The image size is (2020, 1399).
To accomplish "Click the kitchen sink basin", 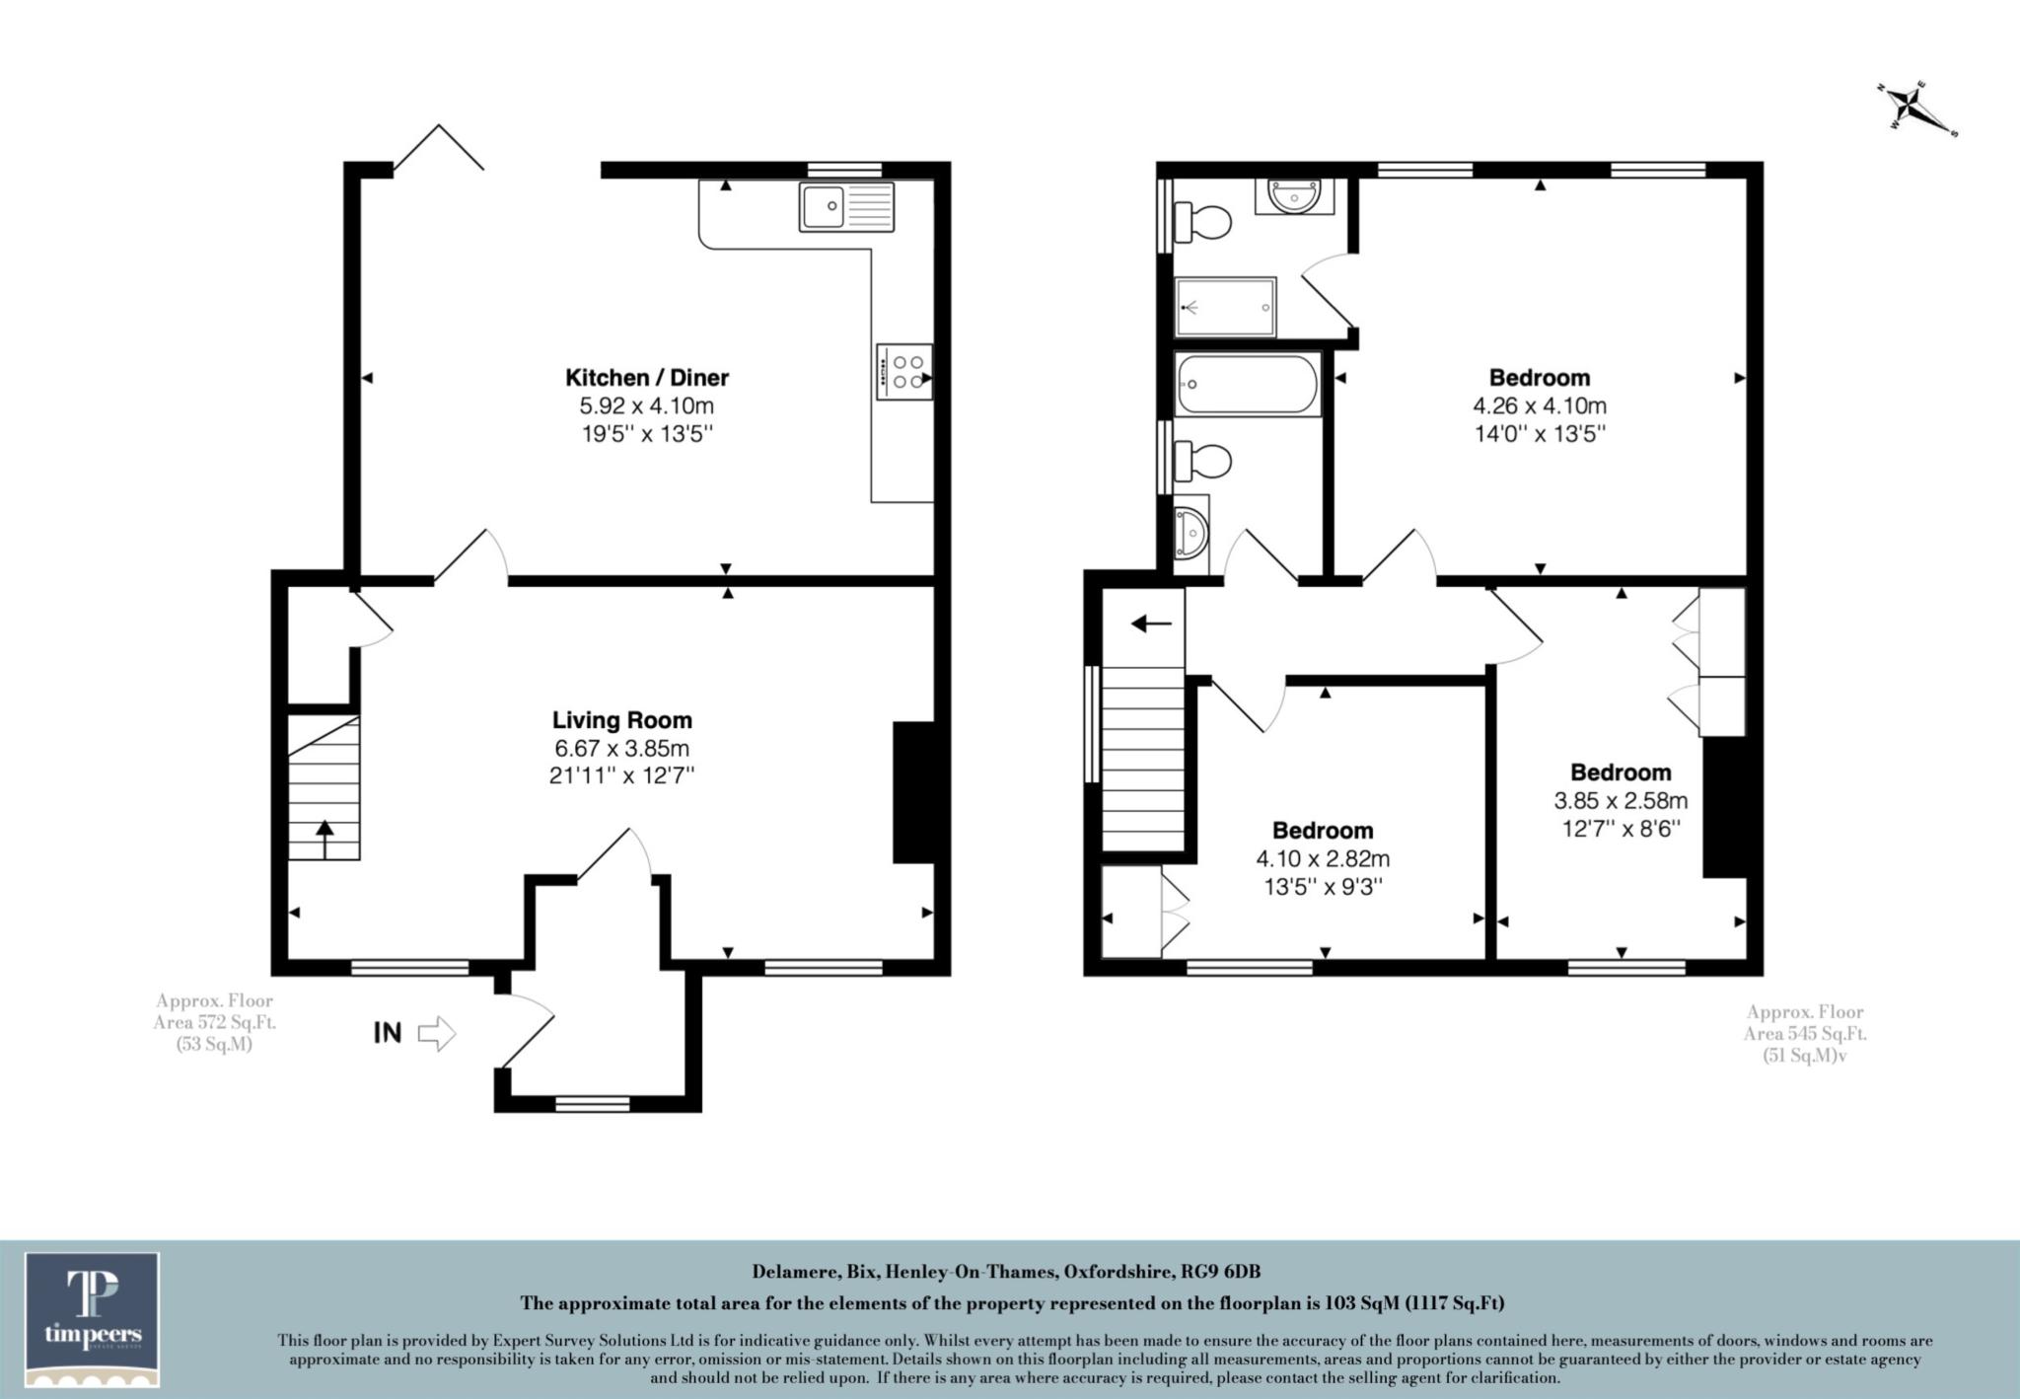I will [823, 206].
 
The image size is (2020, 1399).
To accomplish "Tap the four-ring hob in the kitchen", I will [904, 372].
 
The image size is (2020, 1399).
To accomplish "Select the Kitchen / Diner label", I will [647, 377].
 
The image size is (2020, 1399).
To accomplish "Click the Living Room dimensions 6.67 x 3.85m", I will [622, 749].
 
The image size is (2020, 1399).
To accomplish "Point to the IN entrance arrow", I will [436, 1034].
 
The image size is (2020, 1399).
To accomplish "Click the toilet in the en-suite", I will [1204, 221].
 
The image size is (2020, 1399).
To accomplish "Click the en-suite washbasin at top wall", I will [1293, 196].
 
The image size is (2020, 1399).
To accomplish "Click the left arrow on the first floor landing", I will [1150, 624].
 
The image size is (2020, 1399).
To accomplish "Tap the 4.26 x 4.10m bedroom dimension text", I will [1540, 405].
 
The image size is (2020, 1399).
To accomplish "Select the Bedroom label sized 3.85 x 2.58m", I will [1621, 772].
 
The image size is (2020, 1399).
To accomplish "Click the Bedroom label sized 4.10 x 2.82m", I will [1322, 830].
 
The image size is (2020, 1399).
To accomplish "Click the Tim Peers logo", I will [93, 1318].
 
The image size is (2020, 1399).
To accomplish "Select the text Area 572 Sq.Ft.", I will [214, 1023].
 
